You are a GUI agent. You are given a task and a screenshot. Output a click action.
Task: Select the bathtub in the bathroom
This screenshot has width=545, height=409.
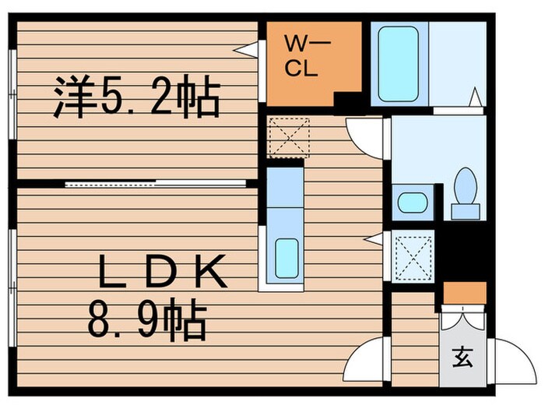point(399,64)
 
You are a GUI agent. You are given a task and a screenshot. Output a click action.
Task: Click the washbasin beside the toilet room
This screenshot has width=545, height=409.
point(413,203)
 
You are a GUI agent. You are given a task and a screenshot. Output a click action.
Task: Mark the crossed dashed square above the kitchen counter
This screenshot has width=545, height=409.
point(288,138)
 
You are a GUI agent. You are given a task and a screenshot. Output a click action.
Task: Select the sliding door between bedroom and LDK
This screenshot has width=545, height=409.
point(156,184)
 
